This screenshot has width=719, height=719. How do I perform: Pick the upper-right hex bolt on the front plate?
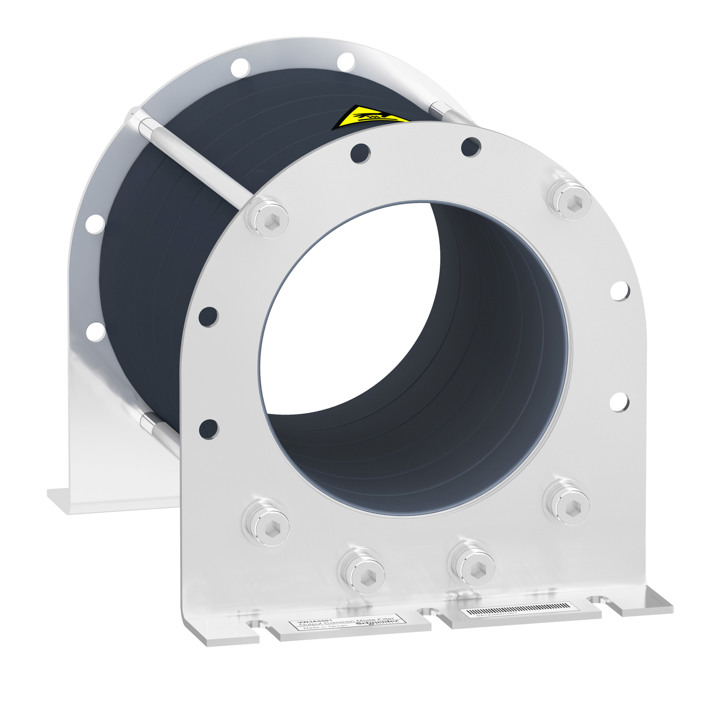tap(570, 201)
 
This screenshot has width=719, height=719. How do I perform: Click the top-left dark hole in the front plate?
tap(360, 153)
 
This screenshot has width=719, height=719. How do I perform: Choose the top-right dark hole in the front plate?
tap(470, 146)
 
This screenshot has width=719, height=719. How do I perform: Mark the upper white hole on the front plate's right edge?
tap(620, 291)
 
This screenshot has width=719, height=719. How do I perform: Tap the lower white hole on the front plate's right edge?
tap(619, 402)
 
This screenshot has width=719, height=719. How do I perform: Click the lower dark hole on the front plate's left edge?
tap(208, 428)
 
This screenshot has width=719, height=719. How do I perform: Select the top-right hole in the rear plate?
tap(345, 62)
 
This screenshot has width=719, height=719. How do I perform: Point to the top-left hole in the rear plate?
tap(240, 67)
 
